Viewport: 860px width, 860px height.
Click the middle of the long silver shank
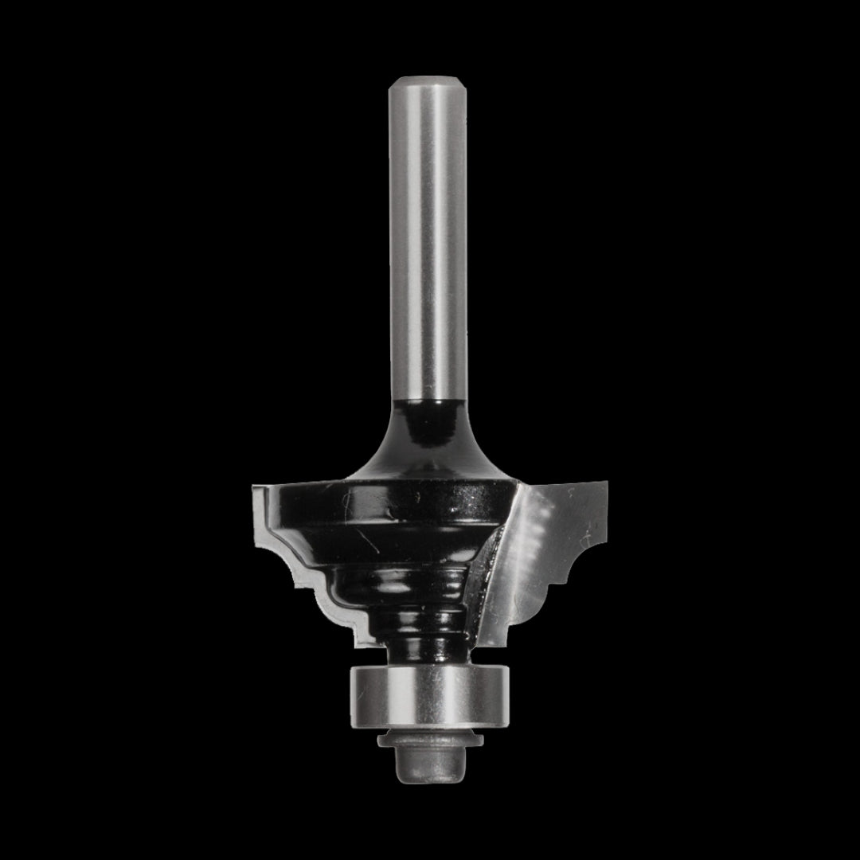428,239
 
